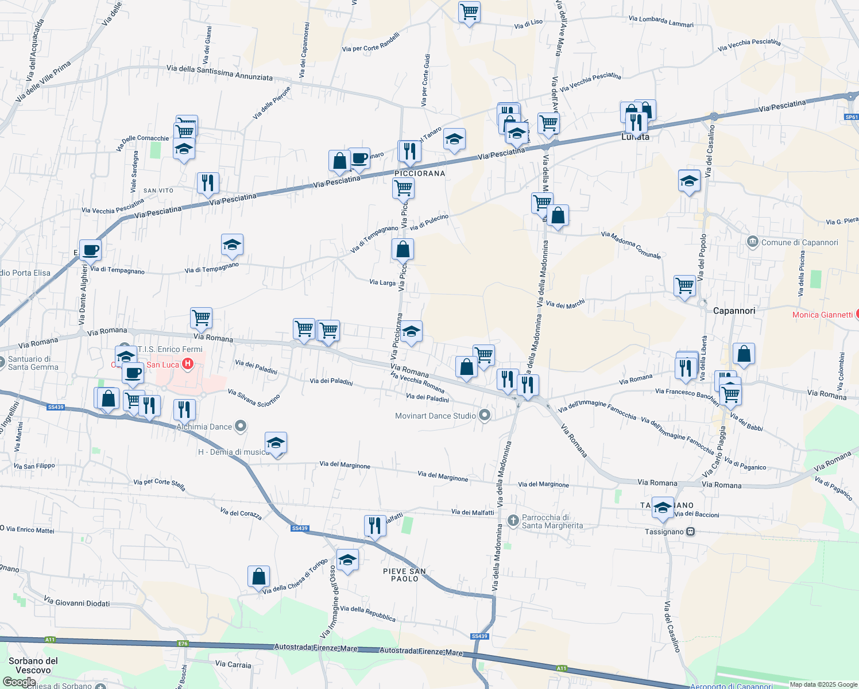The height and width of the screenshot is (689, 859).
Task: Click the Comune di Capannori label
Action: (799, 242)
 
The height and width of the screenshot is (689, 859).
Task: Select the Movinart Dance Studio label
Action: (435, 416)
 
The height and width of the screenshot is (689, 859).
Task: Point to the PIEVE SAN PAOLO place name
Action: (404, 575)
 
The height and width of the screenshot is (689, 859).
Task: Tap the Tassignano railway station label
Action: (664, 532)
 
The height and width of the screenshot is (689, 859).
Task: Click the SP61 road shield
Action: (852, 117)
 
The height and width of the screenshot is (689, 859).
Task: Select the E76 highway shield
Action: (183, 644)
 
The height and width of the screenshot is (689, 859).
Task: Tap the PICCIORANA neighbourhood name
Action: (420, 173)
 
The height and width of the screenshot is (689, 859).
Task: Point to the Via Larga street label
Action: (382, 282)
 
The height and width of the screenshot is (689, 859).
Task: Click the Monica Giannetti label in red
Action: (822, 315)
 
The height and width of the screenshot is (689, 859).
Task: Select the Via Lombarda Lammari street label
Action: (661, 22)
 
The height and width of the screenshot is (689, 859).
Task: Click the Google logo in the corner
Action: (20, 682)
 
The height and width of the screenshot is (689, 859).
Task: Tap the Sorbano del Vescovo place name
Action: (33, 665)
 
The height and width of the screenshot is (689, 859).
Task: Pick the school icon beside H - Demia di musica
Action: (276, 443)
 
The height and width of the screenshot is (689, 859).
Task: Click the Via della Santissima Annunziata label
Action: (219, 72)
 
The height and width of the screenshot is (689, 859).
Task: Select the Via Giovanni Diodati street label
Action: (76, 603)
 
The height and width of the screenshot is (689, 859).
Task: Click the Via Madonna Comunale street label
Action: (630, 245)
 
